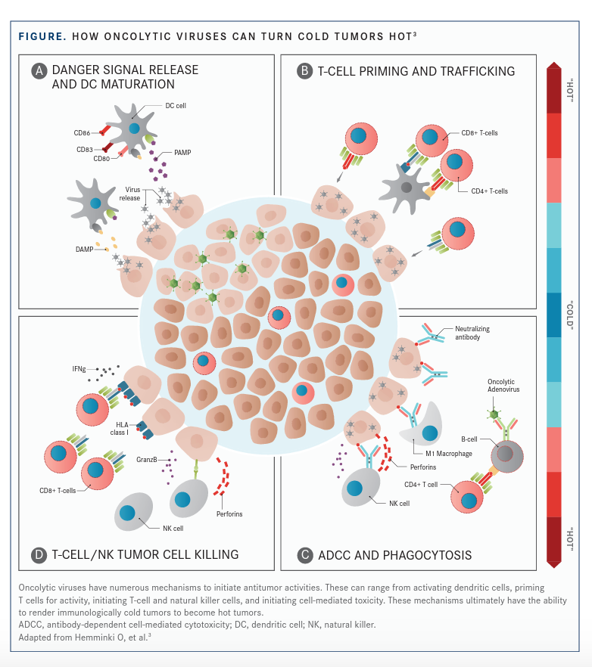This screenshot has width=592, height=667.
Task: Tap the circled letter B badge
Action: point(303,71)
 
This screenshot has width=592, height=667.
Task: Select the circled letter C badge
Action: point(305,555)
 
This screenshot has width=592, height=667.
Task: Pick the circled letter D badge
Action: point(39,555)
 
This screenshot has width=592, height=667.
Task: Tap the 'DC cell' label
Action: point(176,106)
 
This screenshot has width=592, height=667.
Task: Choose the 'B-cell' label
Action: point(473,437)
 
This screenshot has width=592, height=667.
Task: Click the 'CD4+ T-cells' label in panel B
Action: point(489,191)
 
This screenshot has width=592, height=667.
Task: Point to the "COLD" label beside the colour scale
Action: point(570,315)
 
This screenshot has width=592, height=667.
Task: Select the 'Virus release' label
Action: point(129,193)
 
